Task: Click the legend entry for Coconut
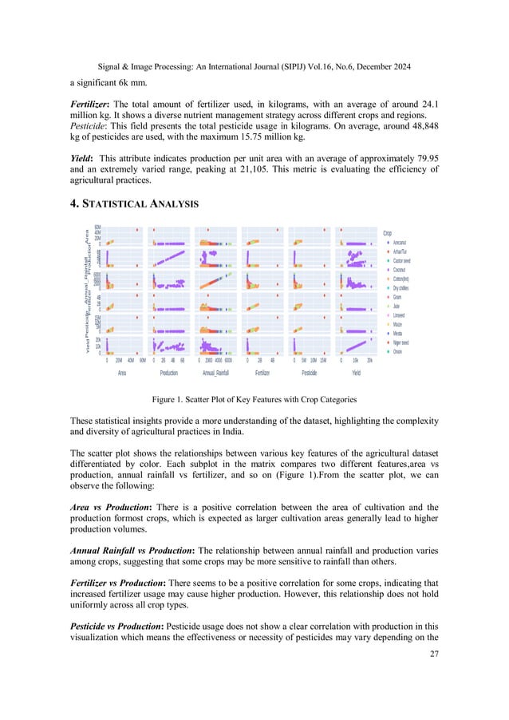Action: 400,270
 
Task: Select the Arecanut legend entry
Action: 400,243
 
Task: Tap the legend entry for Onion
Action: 397,351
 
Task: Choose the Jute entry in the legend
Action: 396,306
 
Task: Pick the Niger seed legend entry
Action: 400,342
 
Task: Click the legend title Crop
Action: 389,233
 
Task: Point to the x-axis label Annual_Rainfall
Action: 215,372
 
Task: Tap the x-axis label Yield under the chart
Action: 356,372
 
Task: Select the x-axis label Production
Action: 168,372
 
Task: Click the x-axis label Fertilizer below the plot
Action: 262,372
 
